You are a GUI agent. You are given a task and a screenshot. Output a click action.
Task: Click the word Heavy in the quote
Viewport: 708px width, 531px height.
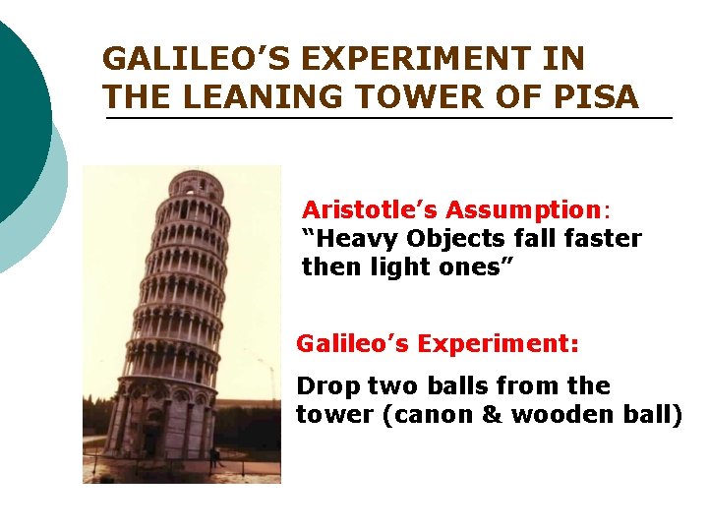(346, 239)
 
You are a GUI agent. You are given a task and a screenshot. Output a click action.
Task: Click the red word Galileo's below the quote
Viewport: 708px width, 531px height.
(352, 344)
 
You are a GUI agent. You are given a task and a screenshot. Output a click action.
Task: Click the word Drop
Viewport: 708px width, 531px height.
(326, 385)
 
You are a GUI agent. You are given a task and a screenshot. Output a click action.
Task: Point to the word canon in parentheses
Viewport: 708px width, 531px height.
(430, 414)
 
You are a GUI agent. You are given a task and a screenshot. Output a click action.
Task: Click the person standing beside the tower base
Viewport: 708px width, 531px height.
(214, 456)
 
